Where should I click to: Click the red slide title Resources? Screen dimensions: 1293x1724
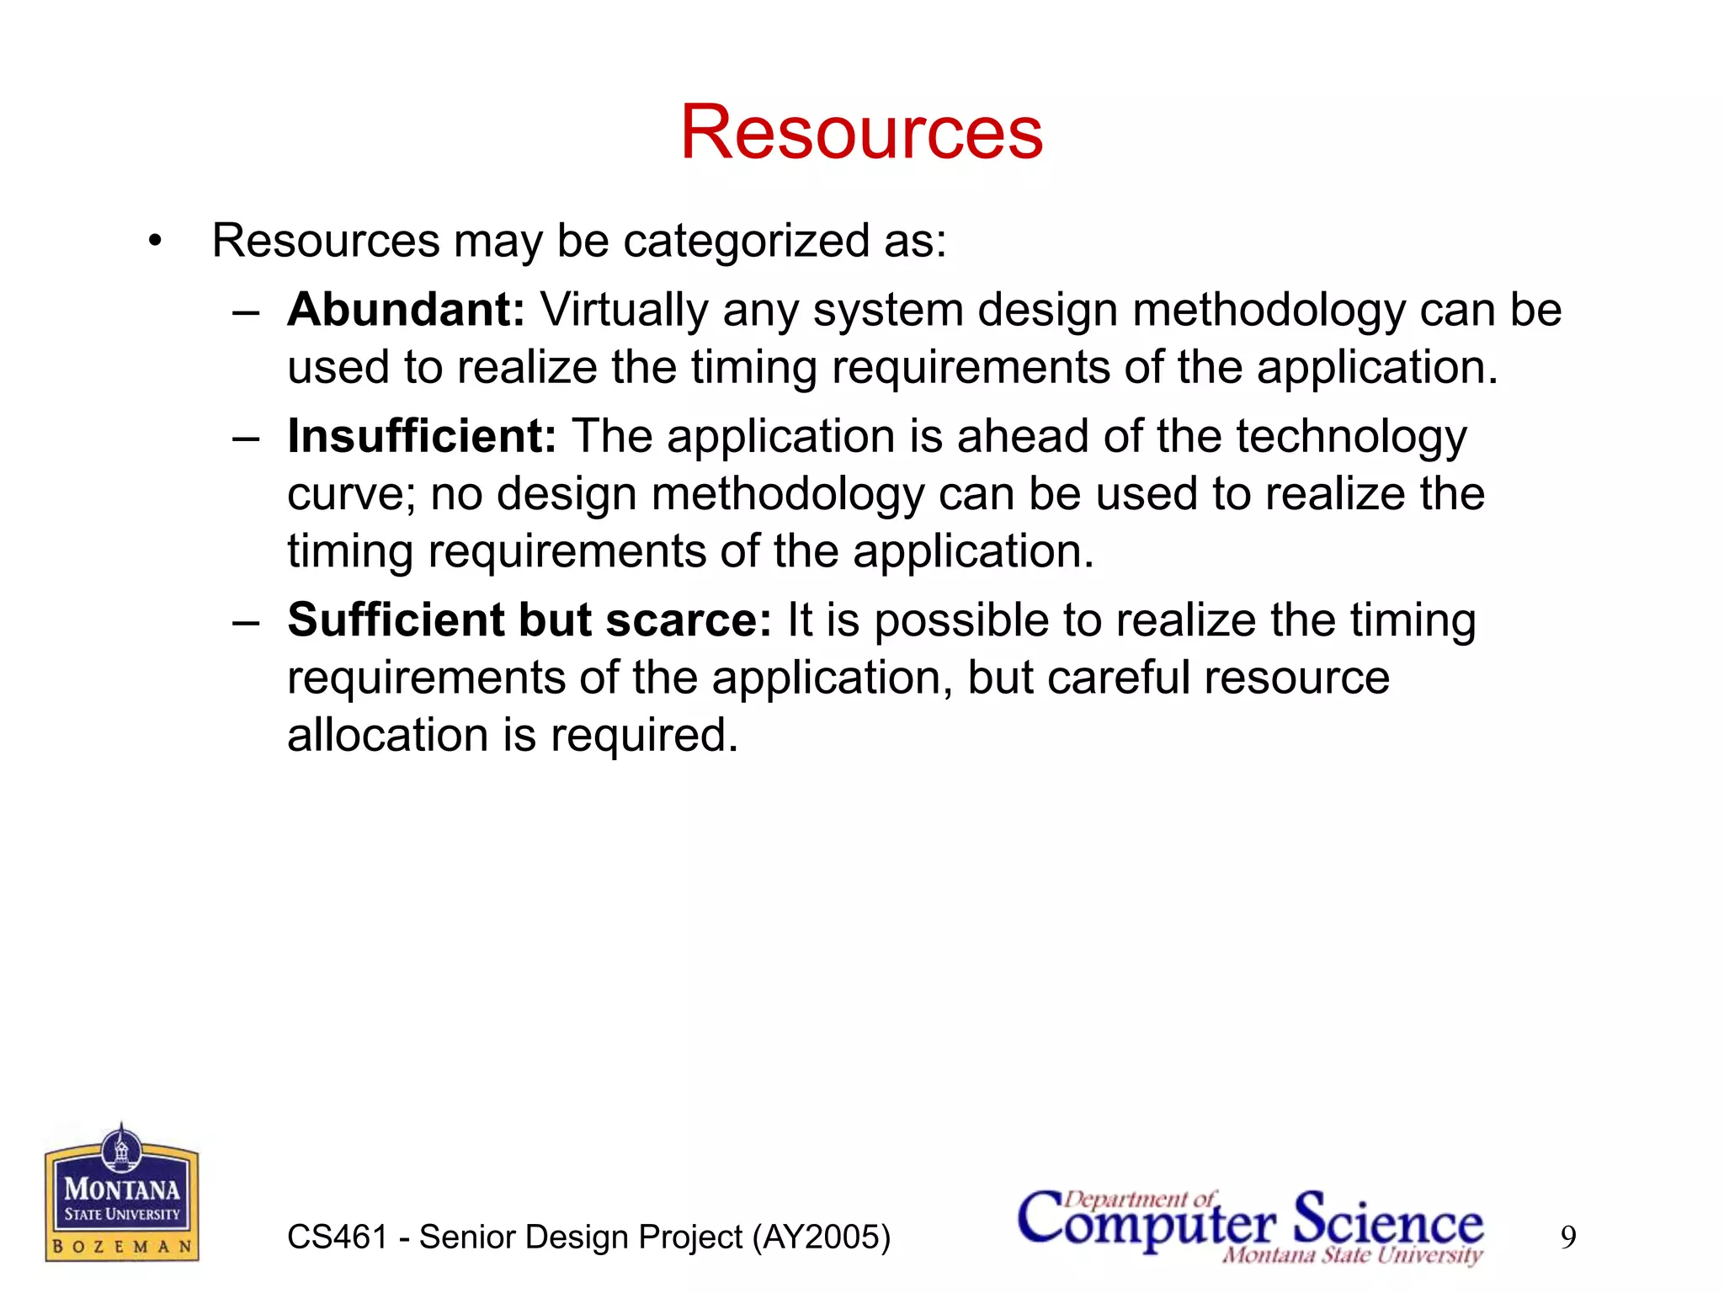861,133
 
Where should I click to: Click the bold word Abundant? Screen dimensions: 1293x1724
406,310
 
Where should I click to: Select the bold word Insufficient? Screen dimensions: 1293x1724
422,436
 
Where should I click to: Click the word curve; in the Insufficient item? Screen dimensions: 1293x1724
351,494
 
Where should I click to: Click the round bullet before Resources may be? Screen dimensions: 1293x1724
154,242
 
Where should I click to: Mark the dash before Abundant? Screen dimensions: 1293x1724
246,312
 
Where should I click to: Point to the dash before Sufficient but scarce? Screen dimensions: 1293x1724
246,623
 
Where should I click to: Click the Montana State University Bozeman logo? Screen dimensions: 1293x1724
122,1193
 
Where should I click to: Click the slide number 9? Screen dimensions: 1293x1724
1568,1237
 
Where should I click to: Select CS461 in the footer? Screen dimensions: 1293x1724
337,1237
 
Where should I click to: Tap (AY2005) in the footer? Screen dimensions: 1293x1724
821,1237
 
